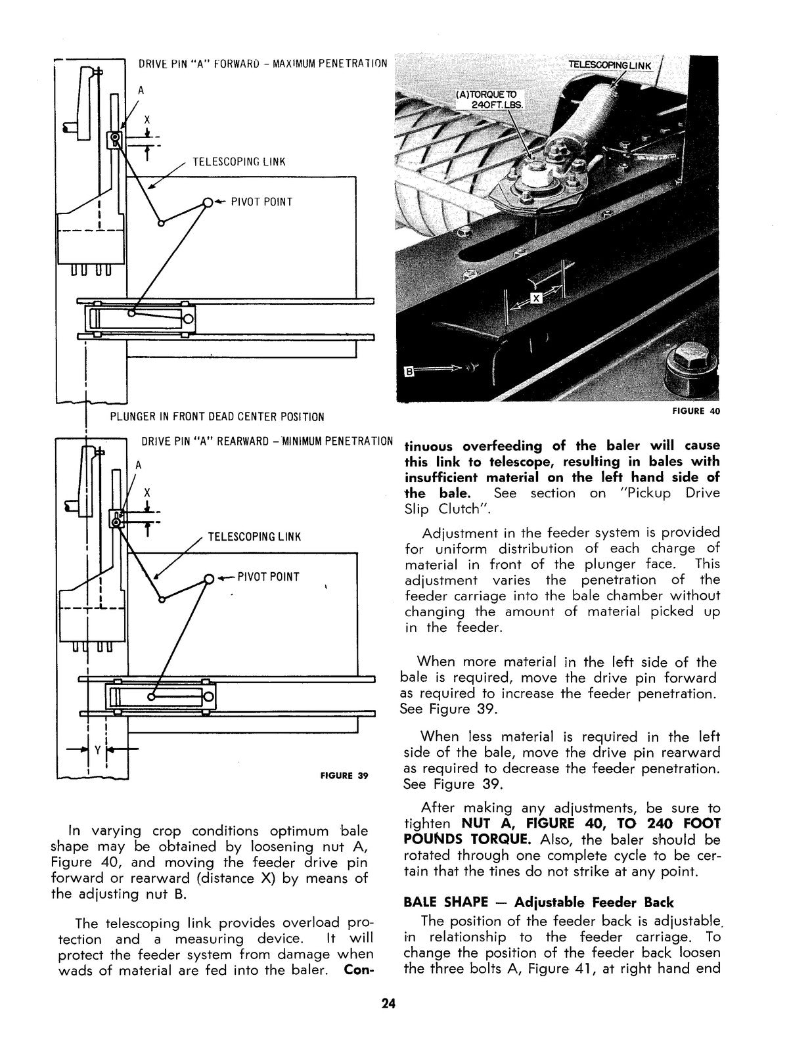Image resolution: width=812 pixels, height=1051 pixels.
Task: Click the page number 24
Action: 388,1004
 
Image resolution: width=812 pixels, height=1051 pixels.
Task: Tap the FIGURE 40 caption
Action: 696,412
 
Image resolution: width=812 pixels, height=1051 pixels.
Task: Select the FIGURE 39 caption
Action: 344,775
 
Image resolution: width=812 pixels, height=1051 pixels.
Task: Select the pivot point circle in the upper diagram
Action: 208,202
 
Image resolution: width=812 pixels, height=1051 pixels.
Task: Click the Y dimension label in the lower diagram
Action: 97,749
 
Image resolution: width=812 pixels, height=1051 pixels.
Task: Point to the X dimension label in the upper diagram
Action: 147,120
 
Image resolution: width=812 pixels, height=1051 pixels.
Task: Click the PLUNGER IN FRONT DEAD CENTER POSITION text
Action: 217,417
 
